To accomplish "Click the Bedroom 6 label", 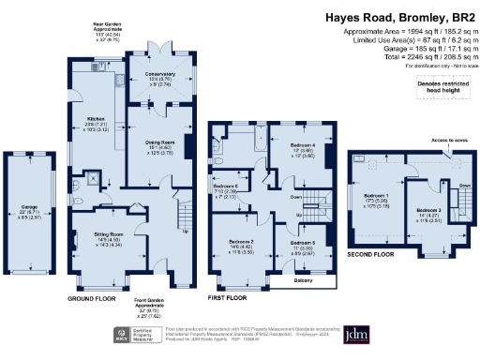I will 226,187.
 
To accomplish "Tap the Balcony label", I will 291,279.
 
